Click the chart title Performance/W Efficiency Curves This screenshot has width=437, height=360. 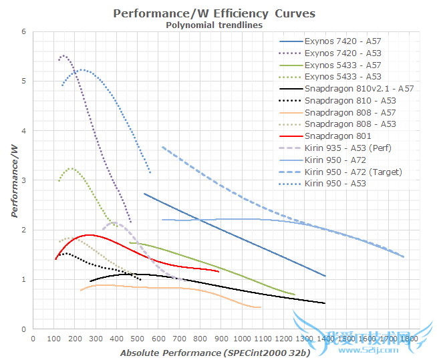tap(214, 13)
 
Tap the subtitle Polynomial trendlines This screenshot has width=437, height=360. tap(214, 25)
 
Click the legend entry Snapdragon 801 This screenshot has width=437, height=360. tap(332, 136)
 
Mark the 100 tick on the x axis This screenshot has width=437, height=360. tap(54, 339)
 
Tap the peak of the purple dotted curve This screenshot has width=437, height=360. tap(64, 55)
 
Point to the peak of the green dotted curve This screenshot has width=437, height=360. tap(71, 168)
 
